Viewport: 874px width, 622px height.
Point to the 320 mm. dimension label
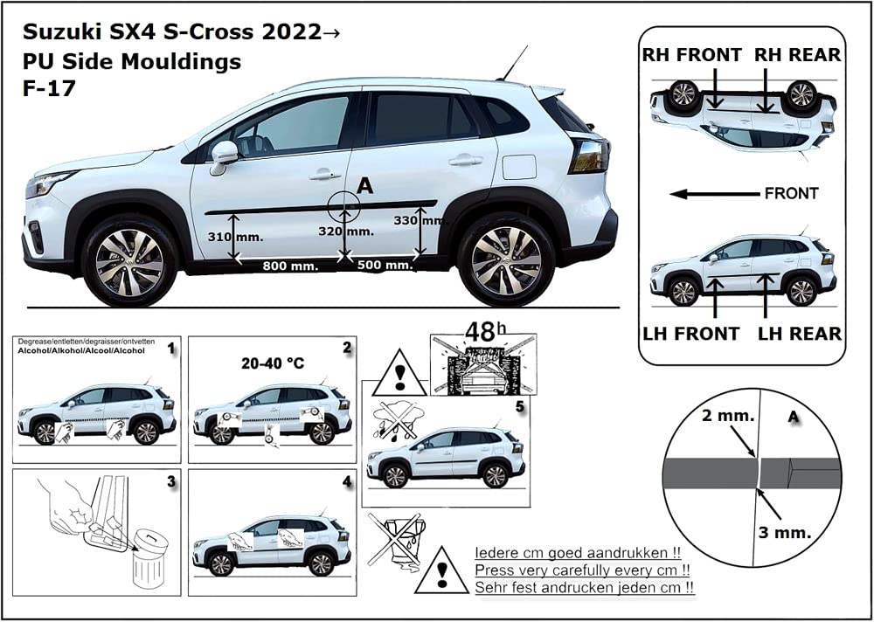click(347, 232)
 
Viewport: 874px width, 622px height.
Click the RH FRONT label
click(691, 55)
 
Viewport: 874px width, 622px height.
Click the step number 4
click(347, 481)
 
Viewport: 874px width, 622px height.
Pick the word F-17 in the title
click(47, 87)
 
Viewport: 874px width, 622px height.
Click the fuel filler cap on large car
click(519, 166)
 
